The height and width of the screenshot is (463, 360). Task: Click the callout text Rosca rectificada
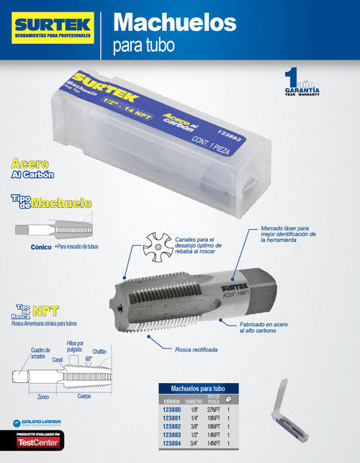(x=197, y=349)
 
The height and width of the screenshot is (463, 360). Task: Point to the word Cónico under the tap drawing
(x=41, y=246)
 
